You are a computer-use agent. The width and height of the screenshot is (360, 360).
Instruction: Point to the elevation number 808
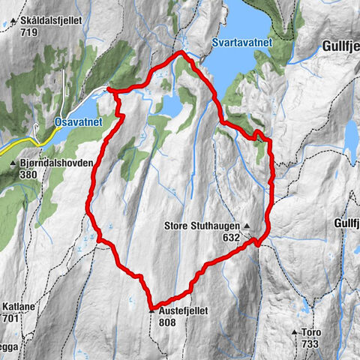click(x=168, y=322)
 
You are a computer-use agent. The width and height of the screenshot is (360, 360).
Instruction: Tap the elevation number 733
click(x=309, y=343)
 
